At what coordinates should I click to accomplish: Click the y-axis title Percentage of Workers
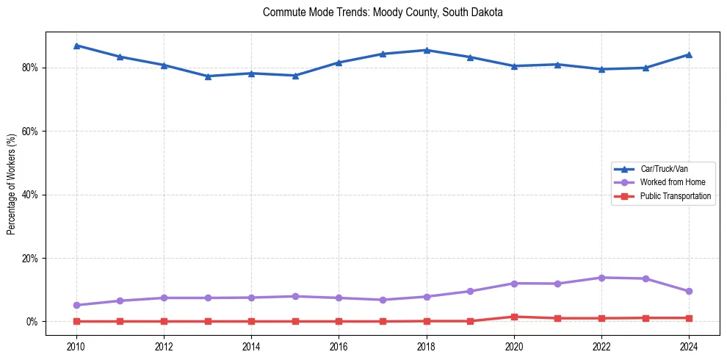click(11, 184)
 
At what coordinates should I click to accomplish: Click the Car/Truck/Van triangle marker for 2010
click(76, 46)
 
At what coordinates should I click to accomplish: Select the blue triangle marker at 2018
click(427, 50)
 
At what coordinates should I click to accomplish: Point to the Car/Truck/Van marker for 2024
click(689, 54)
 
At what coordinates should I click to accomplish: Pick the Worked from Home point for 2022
click(601, 278)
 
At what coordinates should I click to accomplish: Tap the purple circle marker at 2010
click(76, 305)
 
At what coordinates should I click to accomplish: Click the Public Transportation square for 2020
click(514, 317)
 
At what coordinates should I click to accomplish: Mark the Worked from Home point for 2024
click(689, 291)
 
